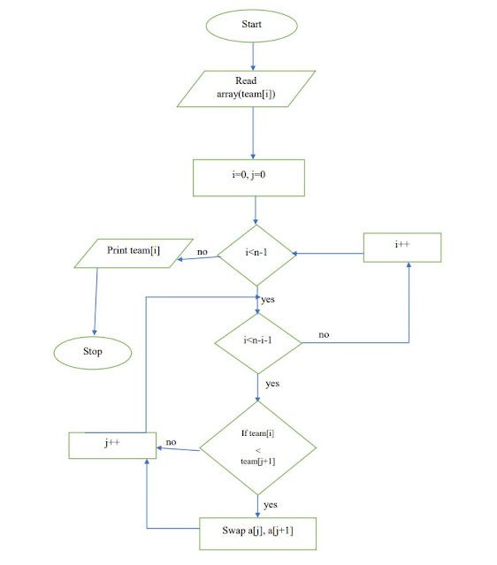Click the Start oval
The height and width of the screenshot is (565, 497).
252,25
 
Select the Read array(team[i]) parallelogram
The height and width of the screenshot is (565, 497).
252,87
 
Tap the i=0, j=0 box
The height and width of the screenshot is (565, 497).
248,178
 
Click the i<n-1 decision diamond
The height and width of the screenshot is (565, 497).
256,254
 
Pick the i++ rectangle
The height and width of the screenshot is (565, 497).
402,248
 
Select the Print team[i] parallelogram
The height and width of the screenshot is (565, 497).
134,251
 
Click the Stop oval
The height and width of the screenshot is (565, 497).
93,351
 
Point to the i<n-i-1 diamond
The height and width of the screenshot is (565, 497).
257,340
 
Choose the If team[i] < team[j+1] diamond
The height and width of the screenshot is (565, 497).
257,449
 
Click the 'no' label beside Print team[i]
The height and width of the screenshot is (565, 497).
203,252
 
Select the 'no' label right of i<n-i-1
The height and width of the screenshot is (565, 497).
324,335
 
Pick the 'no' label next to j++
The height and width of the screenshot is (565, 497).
172,442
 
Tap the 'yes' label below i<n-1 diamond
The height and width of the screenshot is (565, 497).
268,300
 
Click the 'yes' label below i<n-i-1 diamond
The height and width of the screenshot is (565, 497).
271,384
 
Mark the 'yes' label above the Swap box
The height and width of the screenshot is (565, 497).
271,504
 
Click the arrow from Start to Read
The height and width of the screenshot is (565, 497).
253,55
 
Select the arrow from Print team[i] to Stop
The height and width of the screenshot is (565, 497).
96,301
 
